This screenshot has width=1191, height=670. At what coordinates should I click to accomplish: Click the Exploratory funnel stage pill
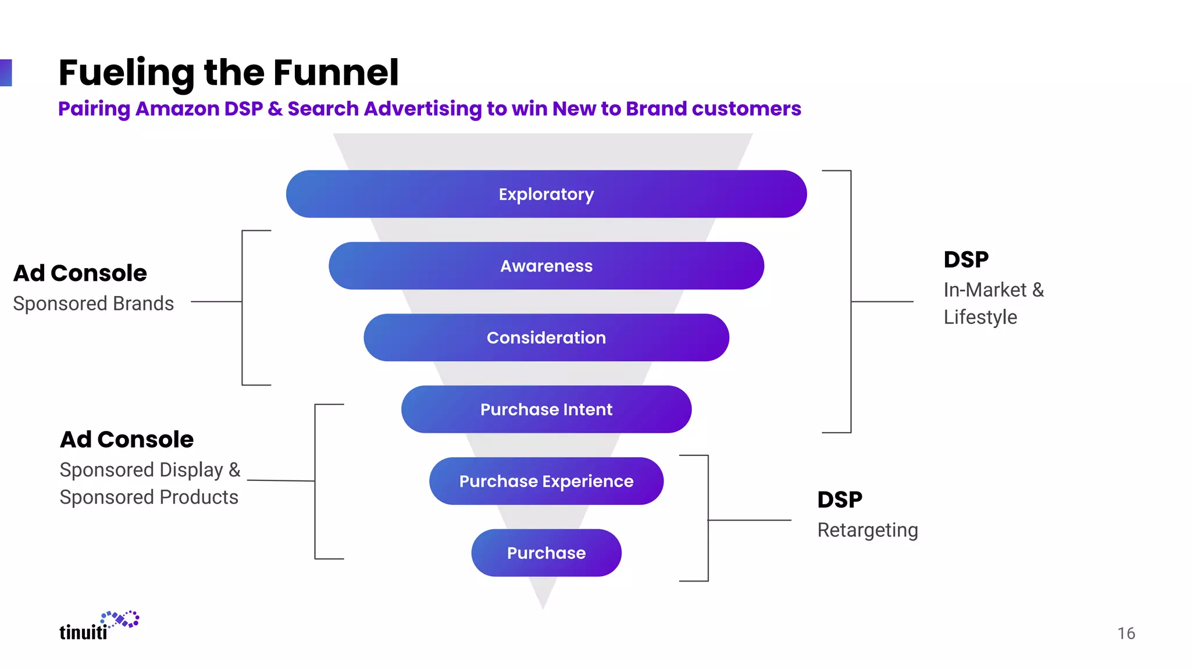click(546, 194)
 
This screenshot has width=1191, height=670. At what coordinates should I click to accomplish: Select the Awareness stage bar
click(546, 266)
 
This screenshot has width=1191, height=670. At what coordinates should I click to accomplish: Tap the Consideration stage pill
click(546, 337)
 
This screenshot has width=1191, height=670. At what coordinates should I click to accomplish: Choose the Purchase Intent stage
click(546, 409)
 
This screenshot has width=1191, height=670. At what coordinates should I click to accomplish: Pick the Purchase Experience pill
click(546, 481)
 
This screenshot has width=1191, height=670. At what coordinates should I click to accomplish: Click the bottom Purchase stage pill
click(546, 553)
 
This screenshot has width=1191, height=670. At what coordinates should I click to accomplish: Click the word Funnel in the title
click(336, 73)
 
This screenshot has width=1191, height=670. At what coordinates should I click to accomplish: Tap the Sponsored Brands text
click(93, 304)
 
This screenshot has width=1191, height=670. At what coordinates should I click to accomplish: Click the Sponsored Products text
click(149, 497)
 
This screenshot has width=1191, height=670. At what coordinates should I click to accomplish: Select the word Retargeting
click(867, 530)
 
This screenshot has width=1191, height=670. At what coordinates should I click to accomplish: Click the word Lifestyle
click(980, 318)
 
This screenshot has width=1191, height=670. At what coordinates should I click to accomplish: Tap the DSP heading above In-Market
click(965, 259)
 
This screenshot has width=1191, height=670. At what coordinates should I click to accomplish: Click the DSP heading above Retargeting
click(839, 500)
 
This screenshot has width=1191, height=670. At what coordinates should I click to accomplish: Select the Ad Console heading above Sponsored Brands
click(80, 273)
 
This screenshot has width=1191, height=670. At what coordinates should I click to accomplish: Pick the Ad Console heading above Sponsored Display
click(127, 440)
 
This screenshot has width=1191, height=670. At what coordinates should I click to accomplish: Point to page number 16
click(1126, 633)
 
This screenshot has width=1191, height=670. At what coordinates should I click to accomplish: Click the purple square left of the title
click(6, 73)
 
